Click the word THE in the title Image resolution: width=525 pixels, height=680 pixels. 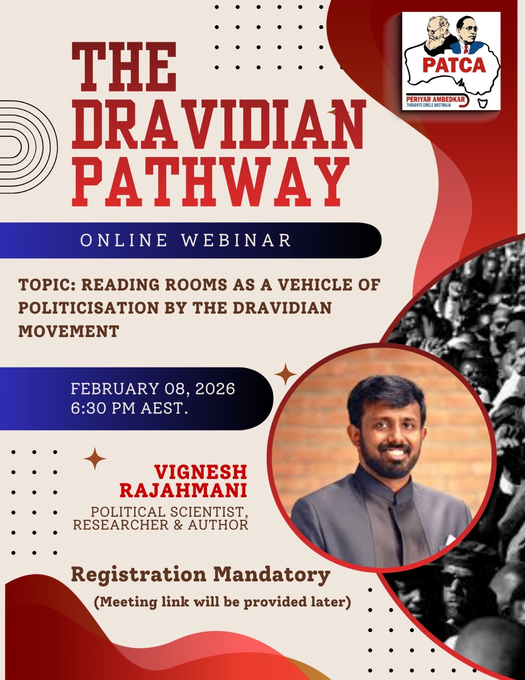pyautogui.click(x=124, y=67)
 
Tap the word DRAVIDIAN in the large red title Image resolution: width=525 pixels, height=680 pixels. pyautogui.click(x=219, y=125)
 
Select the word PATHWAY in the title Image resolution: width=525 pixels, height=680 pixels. pyautogui.click(x=210, y=182)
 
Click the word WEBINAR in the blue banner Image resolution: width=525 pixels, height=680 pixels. pyautogui.click(x=237, y=240)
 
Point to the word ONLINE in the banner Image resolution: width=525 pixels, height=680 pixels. pyautogui.click(x=124, y=240)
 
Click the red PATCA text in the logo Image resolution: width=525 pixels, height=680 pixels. pyautogui.click(x=454, y=65)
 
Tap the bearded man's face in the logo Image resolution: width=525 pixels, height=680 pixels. pyautogui.click(x=437, y=34)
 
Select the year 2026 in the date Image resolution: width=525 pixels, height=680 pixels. pyautogui.click(x=215, y=389)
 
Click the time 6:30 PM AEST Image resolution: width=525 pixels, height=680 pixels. pyautogui.click(x=129, y=408)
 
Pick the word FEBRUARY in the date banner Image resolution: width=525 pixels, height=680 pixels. pyautogui.click(x=115, y=389)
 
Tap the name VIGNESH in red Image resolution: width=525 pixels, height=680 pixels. pyautogui.click(x=201, y=472)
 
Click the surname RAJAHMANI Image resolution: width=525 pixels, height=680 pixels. pyautogui.click(x=183, y=490)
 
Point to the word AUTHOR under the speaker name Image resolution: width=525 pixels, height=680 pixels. pyautogui.click(x=218, y=525)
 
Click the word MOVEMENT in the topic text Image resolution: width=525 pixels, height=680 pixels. pyautogui.click(x=69, y=331)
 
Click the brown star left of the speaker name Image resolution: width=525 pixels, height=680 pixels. pyautogui.click(x=95, y=459)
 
